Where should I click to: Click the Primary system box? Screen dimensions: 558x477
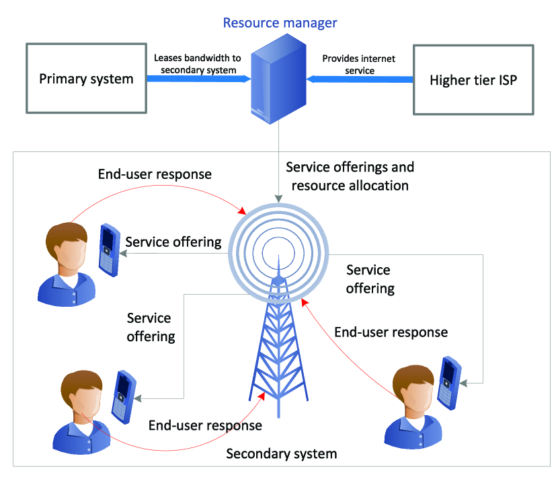(87, 78)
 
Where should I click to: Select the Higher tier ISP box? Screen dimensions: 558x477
(473, 80)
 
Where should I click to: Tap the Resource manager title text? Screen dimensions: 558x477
(280, 23)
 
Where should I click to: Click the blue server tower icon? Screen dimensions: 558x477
(278, 79)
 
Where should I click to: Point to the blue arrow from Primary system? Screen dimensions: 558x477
(199, 79)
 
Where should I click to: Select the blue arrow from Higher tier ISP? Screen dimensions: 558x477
(360, 79)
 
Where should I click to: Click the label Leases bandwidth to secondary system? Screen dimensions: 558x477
(198, 64)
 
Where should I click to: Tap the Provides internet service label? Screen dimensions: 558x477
(359, 64)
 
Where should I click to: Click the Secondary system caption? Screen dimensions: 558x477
(282, 453)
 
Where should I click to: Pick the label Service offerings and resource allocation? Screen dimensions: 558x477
(350, 176)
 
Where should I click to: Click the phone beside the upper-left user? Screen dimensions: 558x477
(110, 250)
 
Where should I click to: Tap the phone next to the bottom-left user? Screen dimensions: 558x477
(124, 397)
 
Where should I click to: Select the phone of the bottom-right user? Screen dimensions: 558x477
(449, 383)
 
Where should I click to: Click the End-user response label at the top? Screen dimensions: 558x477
(155, 174)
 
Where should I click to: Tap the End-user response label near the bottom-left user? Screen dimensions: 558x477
(205, 425)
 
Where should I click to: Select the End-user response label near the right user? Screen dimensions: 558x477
(391, 332)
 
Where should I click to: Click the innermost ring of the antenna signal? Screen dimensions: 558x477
(278, 253)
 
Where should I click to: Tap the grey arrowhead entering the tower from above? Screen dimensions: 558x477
(278, 198)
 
